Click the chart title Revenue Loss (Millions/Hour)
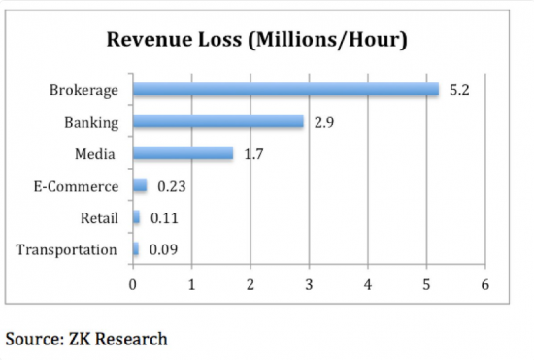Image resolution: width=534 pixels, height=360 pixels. pyautogui.click(x=257, y=42)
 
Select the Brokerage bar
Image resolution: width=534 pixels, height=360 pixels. pyautogui.click(x=285, y=90)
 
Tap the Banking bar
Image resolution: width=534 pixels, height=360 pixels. pyautogui.click(x=218, y=122)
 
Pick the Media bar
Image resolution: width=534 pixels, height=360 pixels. pyautogui.click(x=183, y=153)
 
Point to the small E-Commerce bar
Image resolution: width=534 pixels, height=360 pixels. pyautogui.click(x=140, y=185)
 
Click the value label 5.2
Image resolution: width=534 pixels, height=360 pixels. pyautogui.click(x=458, y=90)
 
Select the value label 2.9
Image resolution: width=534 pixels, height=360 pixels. pyautogui.click(x=323, y=122)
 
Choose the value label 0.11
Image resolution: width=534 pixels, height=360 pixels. pyautogui.click(x=161, y=218)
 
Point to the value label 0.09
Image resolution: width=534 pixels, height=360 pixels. pyautogui.click(x=160, y=249)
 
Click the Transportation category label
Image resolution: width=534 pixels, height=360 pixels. pyautogui.click(x=66, y=250)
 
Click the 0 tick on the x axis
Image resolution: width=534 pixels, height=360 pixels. pyautogui.click(x=133, y=284)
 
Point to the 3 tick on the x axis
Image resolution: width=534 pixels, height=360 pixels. pyautogui.click(x=309, y=284)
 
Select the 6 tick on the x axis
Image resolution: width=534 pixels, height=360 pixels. pyautogui.click(x=484, y=284)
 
